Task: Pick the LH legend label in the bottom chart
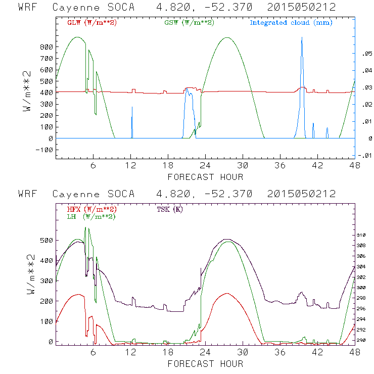tap(90, 216)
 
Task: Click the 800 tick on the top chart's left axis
tap(46, 47)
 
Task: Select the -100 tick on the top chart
tap(44, 150)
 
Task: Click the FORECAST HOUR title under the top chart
tap(205, 177)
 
